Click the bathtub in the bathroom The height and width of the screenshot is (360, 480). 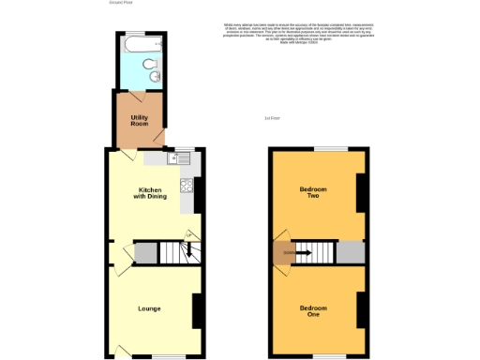139,43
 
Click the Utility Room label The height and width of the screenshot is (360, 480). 140,120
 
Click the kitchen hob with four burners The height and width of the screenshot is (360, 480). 185,184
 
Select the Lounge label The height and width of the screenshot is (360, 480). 149,308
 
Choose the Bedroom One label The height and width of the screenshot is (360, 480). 313,311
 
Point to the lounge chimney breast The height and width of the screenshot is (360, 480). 197,311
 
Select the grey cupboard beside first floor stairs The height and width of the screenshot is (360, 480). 350,252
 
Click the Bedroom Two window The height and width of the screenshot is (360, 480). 328,148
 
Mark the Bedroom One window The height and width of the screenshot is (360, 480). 328,356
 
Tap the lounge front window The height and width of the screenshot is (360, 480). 170,356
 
